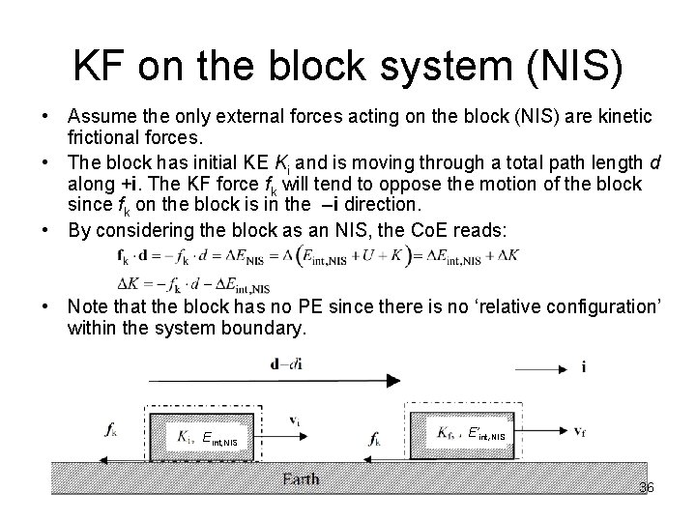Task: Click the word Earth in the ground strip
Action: click(x=301, y=479)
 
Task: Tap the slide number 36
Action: click(x=646, y=488)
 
